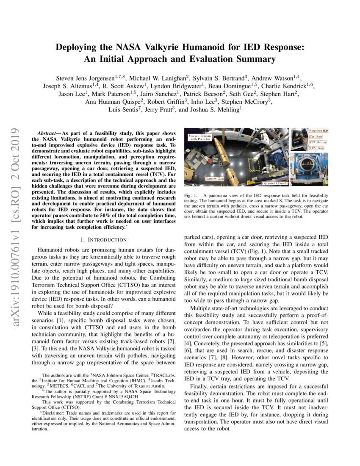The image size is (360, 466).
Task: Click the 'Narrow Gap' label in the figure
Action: click(x=214, y=179)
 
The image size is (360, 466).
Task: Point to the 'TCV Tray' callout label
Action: click(x=316, y=148)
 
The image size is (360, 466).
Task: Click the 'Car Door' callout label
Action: click(x=316, y=136)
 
